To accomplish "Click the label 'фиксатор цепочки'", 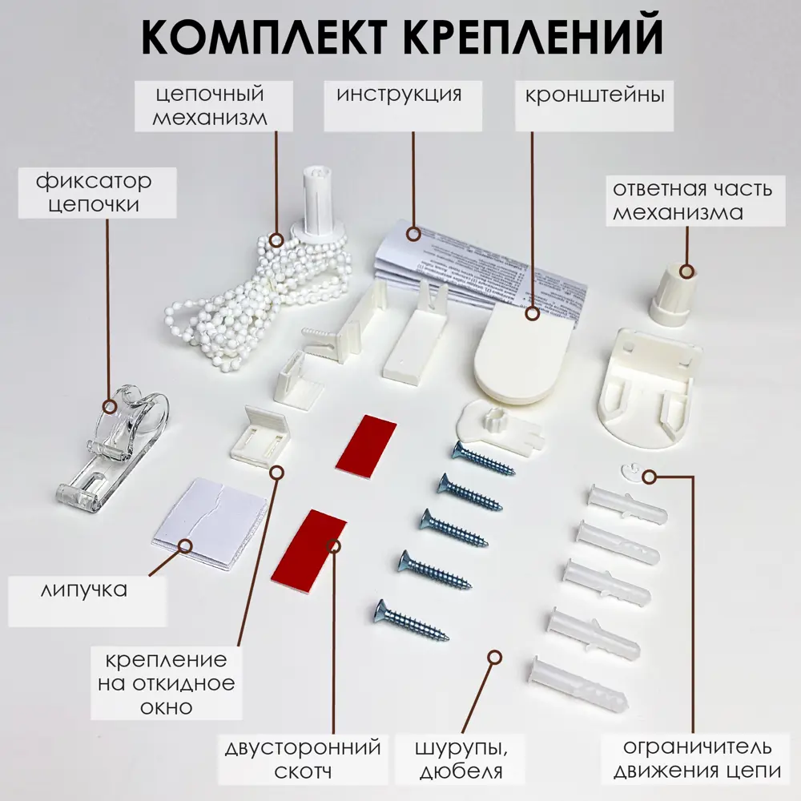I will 94,192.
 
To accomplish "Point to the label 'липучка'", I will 84,590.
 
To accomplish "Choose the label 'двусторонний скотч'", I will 304,759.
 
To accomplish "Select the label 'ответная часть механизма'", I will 692,202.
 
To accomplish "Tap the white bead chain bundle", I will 256,296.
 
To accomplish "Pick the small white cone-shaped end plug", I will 673,296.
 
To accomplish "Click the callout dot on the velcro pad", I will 186,545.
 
